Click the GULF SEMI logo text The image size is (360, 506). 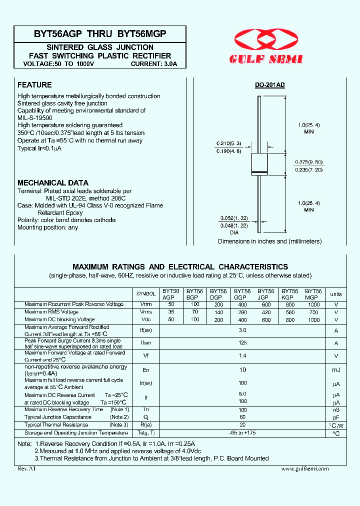265,59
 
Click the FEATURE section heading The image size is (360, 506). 34,85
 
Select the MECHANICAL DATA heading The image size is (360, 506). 52,183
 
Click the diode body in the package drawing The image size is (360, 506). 259,164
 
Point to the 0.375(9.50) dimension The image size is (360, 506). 307,162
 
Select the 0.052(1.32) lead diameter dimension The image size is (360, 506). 232,218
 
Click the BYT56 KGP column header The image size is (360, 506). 289,294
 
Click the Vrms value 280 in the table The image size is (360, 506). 242,312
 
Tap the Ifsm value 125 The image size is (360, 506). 242,343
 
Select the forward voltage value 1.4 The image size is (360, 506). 242,356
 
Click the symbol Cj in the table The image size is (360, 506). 146,417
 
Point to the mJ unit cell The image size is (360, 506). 336,369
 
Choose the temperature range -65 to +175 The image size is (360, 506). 242,433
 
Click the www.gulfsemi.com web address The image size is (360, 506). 304,469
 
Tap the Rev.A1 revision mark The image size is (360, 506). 26,469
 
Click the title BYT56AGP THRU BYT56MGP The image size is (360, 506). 100,34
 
